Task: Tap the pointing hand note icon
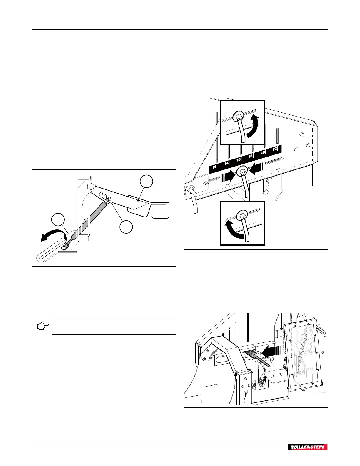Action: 42,326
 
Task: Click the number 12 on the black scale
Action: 215,167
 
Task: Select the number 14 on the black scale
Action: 226,163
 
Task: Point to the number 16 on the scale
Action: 239,159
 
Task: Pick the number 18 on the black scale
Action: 251,156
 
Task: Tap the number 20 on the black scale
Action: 263,152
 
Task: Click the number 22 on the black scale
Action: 275,149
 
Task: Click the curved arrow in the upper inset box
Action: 254,126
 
